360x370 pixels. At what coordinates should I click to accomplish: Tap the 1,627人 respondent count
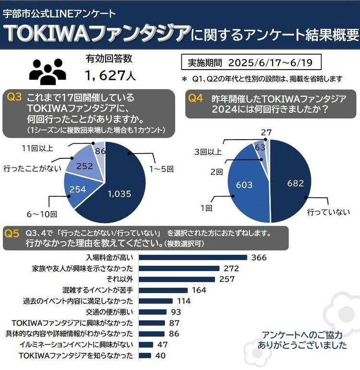[x=107, y=75]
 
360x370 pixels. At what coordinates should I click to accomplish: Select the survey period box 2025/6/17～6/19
[x=251, y=62]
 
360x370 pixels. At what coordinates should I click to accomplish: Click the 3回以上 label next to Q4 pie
[x=207, y=152]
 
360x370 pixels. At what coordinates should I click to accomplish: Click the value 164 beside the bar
[x=198, y=290]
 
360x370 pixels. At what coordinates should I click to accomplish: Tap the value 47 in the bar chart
[x=163, y=345]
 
